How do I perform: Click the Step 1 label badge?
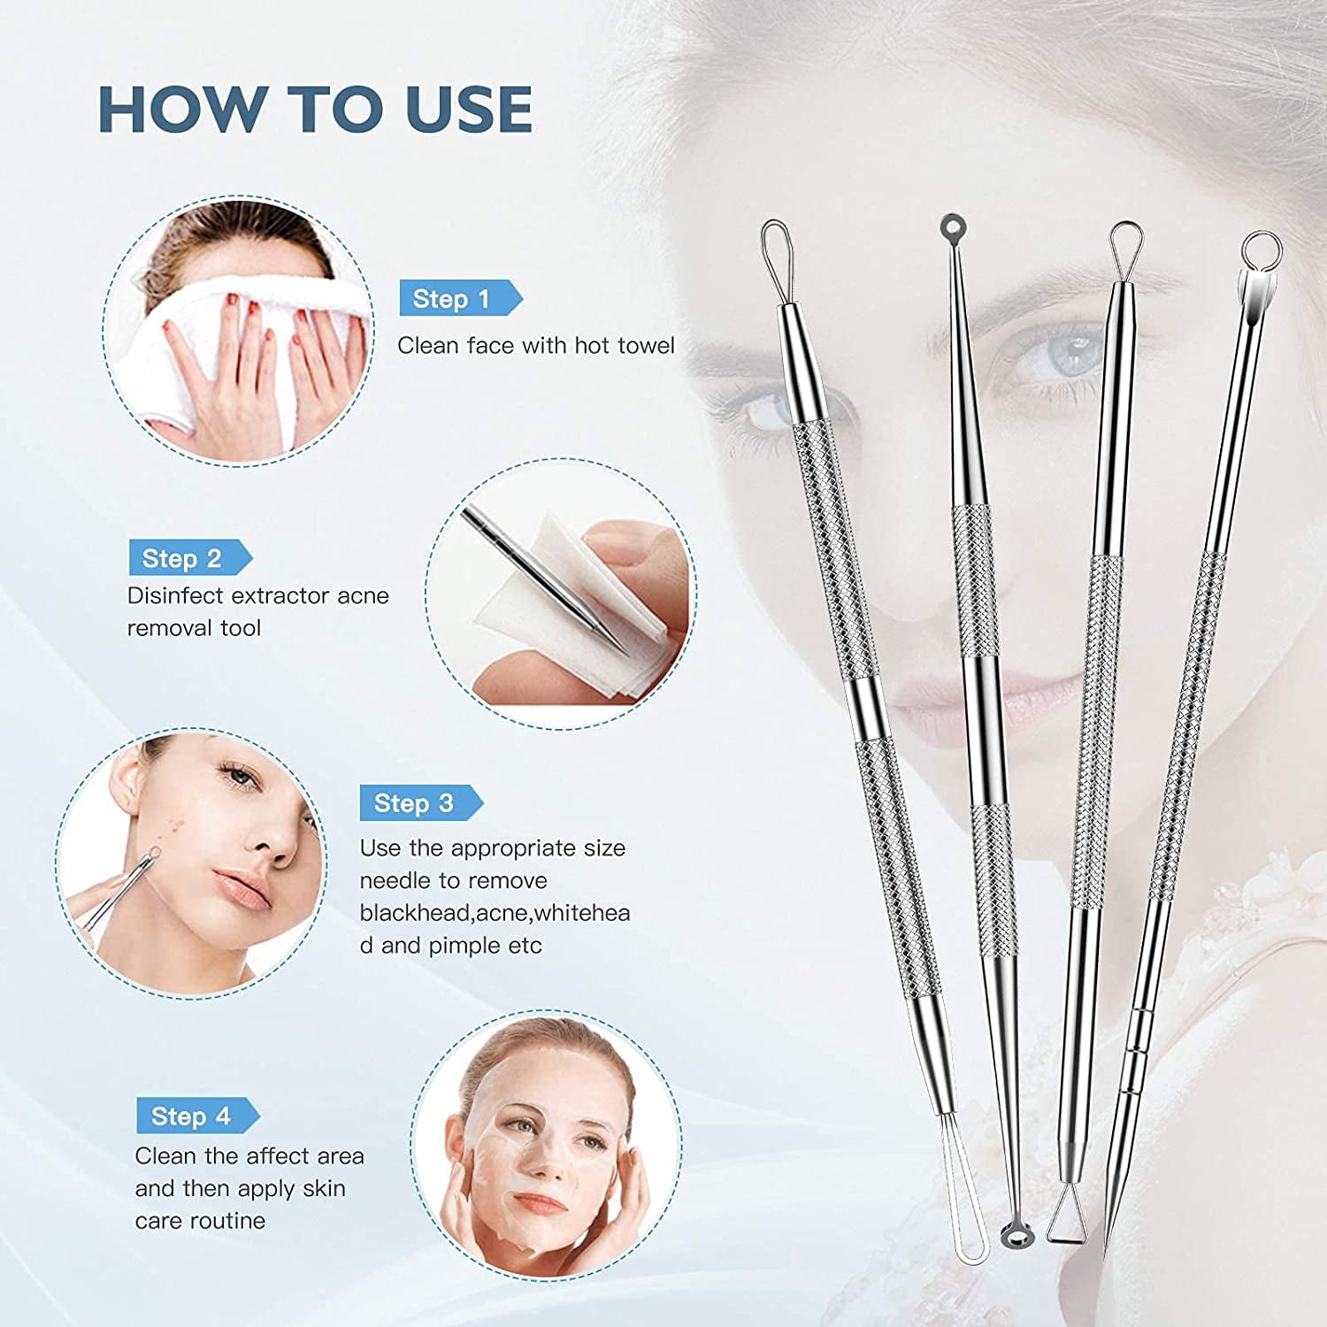pos(461,299)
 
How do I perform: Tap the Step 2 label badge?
pos(190,558)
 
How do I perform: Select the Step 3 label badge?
pos(421,803)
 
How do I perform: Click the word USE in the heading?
pos(469,110)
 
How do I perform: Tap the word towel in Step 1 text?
pos(646,345)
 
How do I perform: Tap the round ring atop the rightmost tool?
pos(1260,250)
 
